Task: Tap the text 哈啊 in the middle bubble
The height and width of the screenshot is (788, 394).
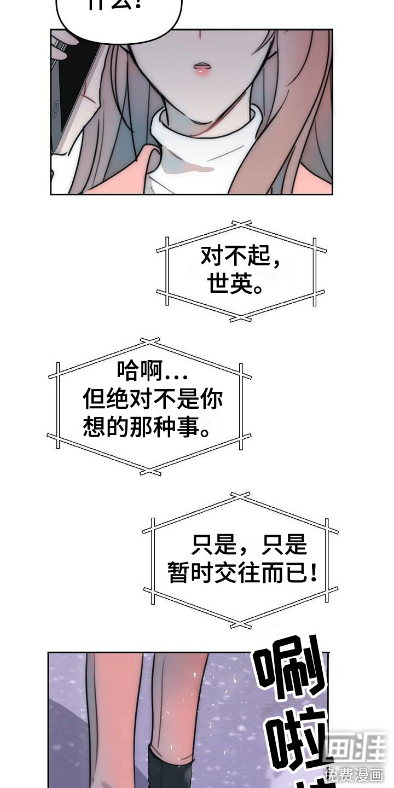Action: pyautogui.click(x=137, y=373)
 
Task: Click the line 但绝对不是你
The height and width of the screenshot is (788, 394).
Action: pyautogui.click(x=153, y=400)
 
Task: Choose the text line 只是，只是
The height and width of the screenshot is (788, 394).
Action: pyautogui.click(x=249, y=545)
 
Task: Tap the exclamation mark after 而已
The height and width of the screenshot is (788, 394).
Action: pyautogui.click(x=312, y=574)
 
